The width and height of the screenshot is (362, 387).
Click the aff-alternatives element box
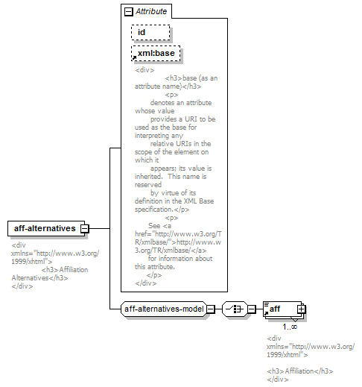(x=46, y=228)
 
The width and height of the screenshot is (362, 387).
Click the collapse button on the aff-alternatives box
(x=84, y=228)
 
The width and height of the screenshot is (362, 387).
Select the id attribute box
(x=150, y=32)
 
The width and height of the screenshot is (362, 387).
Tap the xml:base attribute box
(x=156, y=53)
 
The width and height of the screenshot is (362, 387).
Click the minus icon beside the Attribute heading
(x=128, y=11)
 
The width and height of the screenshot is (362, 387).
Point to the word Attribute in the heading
(x=151, y=11)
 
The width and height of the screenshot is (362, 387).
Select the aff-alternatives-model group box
(x=164, y=309)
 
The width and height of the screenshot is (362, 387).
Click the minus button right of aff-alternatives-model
(x=211, y=309)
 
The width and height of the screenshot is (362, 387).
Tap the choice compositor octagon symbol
(x=235, y=309)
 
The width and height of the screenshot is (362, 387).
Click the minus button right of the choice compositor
(x=252, y=309)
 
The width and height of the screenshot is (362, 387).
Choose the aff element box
(x=282, y=309)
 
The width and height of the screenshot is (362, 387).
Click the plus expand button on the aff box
(x=302, y=309)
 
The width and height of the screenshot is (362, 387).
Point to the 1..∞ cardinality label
(x=290, y=327)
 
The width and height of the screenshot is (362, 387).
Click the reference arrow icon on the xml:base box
(x=134, y=58)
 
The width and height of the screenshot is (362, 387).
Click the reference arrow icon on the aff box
(x=266, y=313)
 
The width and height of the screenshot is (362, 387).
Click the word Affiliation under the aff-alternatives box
(x=74, y=270)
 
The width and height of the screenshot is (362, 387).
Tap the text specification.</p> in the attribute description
(x=162, y=210)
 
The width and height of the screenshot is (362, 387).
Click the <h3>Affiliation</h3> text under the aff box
(x=300, y=371)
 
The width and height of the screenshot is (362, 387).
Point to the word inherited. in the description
(x=149, y=177)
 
